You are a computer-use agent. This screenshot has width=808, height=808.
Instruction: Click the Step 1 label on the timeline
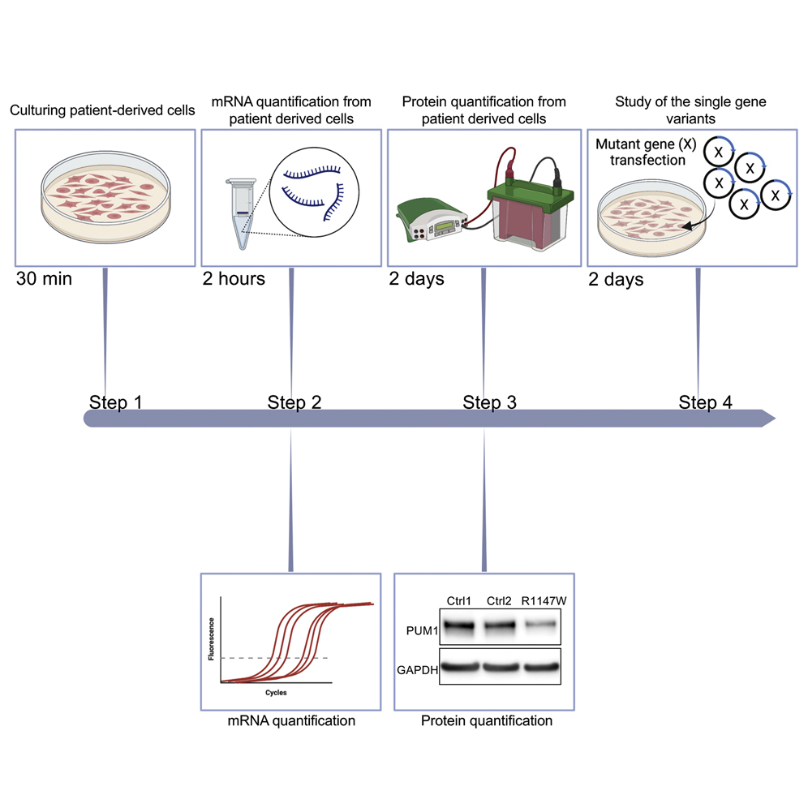[120, 402]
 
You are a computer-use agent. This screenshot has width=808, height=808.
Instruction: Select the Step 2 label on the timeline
[294, 402]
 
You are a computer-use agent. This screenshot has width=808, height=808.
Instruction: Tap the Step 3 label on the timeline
[489, 402]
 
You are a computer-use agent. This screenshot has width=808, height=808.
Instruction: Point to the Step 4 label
[705, 402]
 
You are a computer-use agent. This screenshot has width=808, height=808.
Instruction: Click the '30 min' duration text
[44, 280]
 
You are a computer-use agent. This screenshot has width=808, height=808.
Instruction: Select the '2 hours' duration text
[234, 280]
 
